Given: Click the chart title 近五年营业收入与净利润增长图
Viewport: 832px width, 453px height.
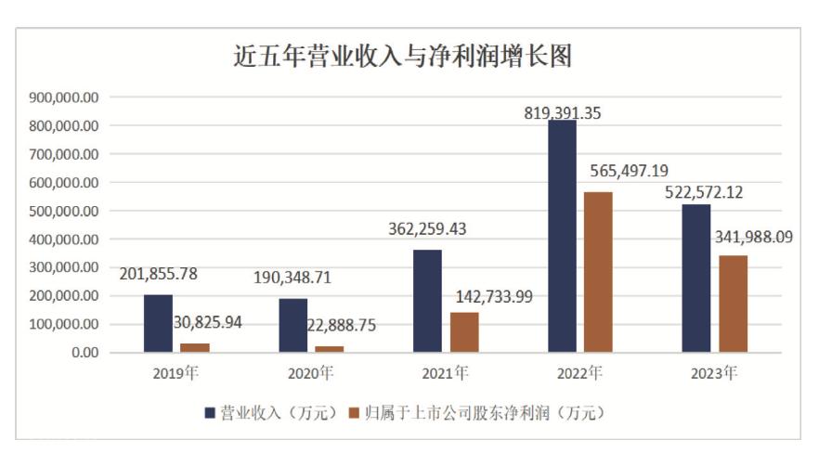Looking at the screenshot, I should [x=402, y=58].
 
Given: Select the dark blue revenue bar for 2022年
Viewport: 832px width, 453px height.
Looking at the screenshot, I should [x=561, y=236].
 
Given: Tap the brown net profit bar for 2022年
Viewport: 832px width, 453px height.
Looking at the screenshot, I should [x=599, y=272].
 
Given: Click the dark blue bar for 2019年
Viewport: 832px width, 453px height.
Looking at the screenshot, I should [x=158, y=323].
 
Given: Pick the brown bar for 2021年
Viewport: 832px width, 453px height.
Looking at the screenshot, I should [x=464, y=332].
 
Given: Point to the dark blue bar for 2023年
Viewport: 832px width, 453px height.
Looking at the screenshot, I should [x=695, y=278].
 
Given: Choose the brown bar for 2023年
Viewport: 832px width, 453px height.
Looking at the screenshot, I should [x=733, y=304].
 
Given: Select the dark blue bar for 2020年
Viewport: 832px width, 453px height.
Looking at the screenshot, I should [x=292, y=325].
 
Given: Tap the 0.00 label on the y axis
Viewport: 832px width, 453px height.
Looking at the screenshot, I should [x=84, y=353].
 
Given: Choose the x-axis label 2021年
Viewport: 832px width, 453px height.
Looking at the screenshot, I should [x=445, y=374].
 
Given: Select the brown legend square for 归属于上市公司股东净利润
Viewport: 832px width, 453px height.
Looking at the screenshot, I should [x=353, y=413].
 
